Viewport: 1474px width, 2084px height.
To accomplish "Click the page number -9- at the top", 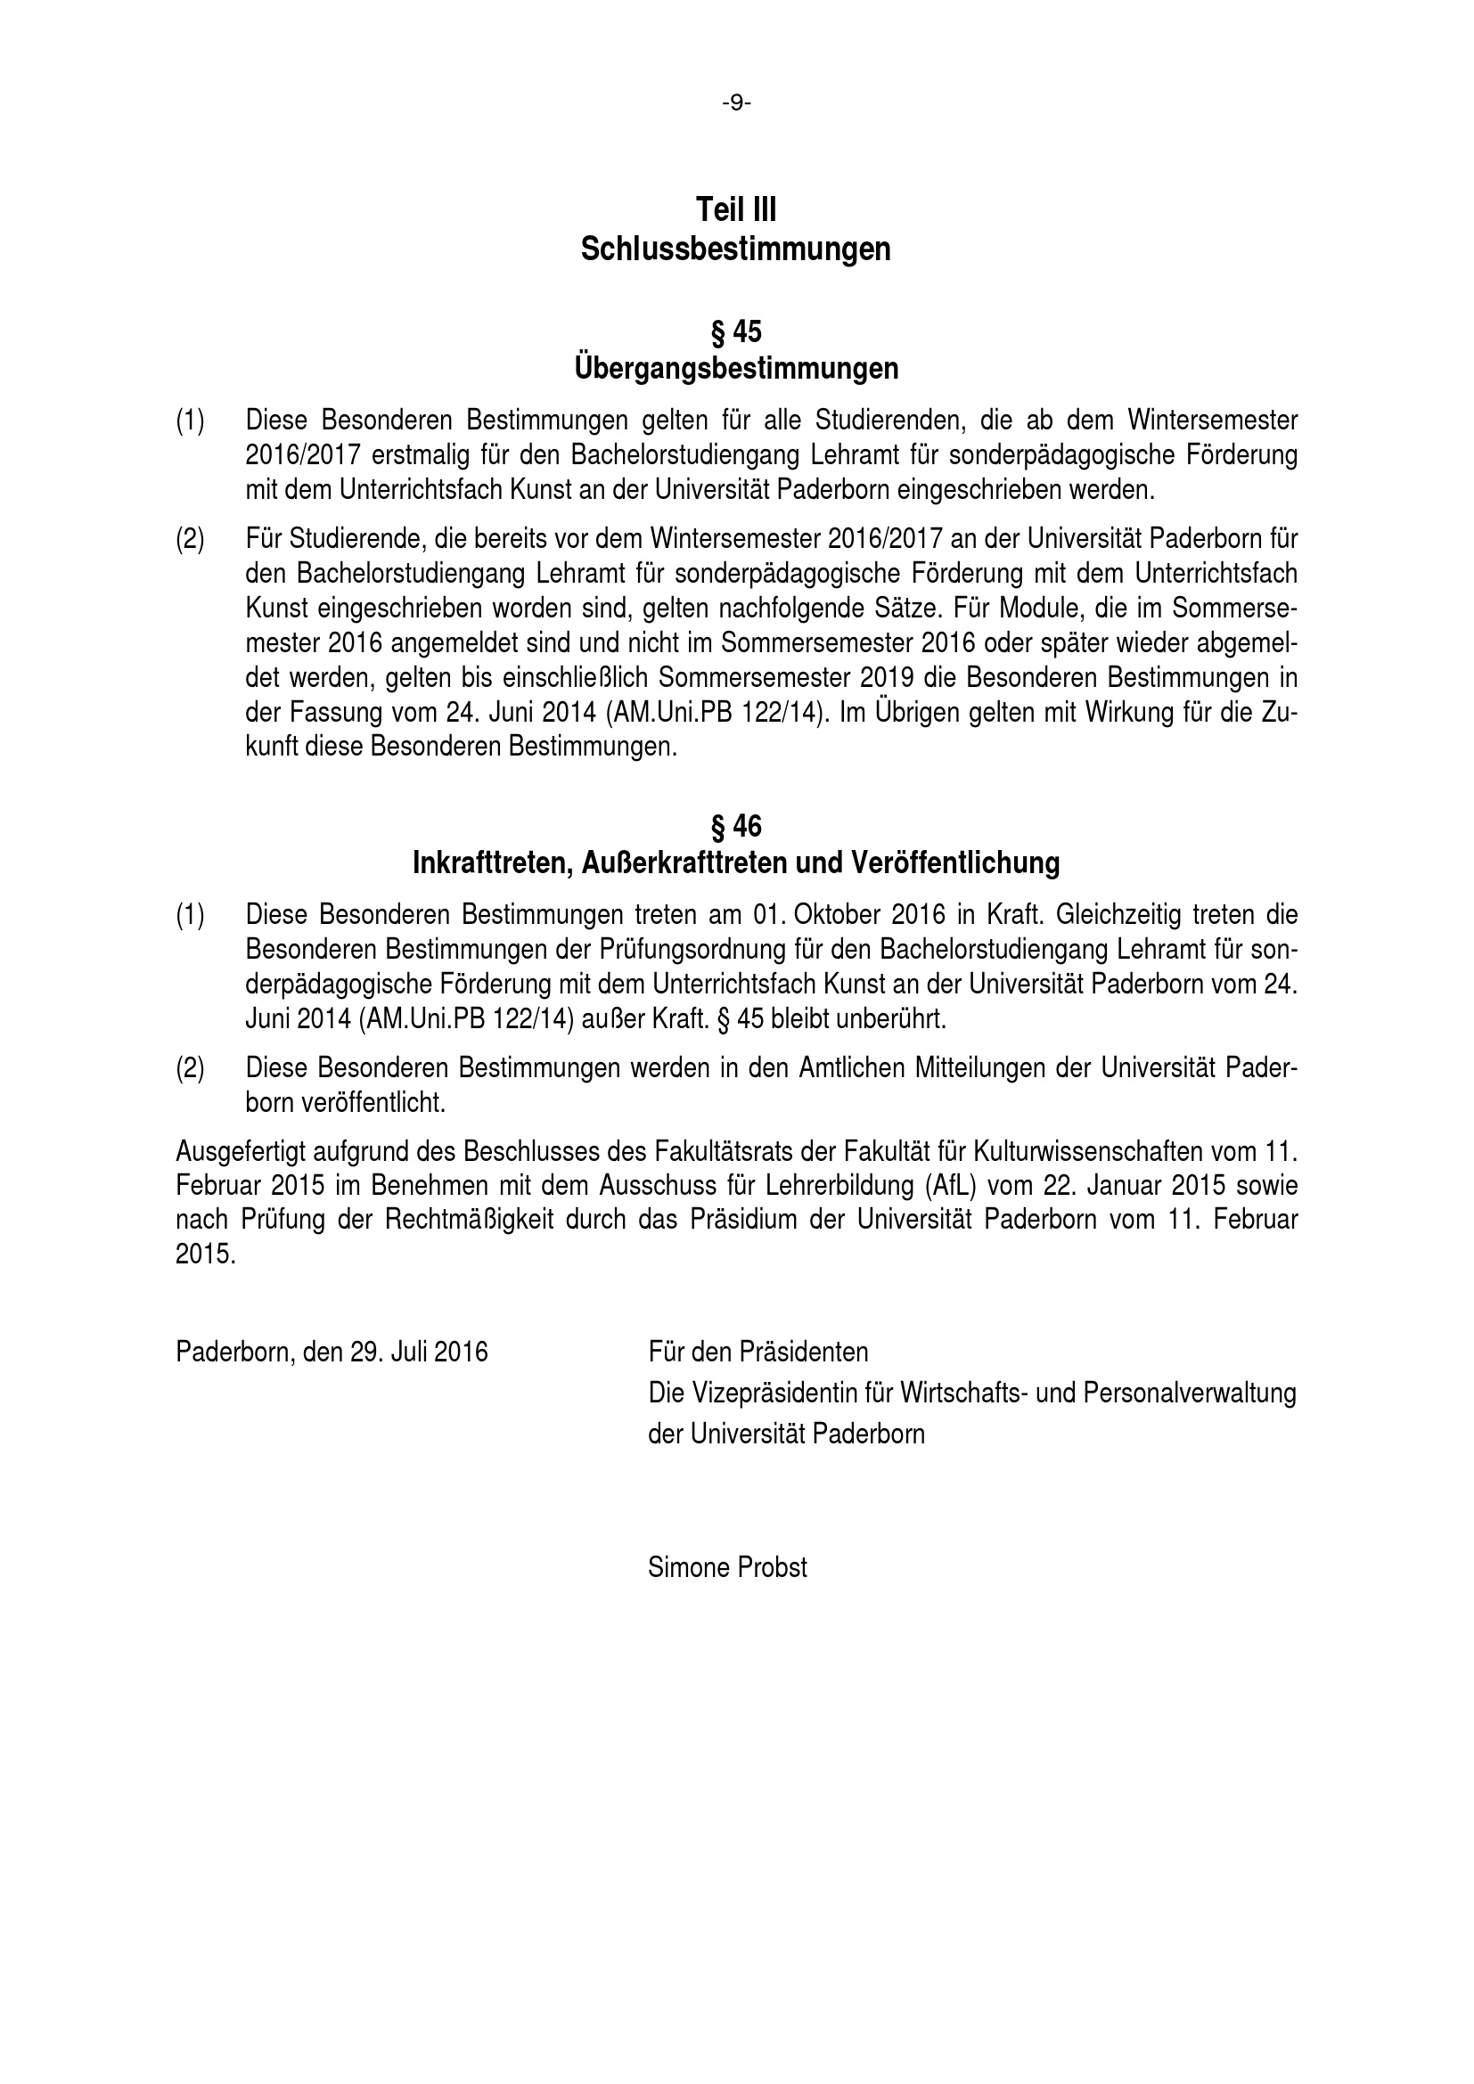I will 736,103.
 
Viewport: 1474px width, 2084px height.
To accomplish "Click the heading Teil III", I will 736,209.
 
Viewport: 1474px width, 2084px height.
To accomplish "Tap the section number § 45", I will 736,332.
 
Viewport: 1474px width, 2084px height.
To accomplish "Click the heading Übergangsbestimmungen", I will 736,369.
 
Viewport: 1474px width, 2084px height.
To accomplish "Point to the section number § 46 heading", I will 736,826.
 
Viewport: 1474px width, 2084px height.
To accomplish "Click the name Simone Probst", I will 727,1567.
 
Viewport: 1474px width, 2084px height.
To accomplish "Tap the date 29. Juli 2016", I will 419,1353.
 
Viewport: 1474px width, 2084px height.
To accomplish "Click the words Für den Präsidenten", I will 757,1353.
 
